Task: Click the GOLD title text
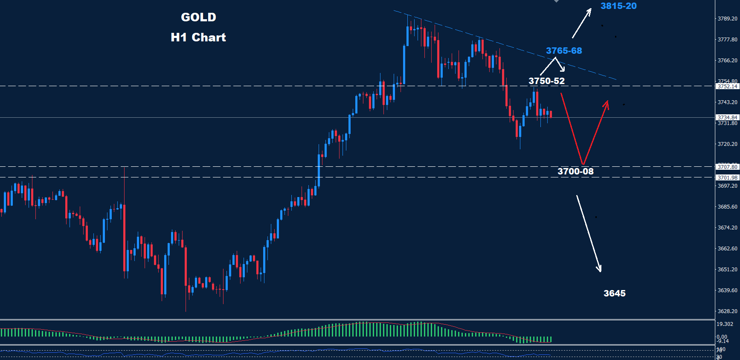(x=198, y=17)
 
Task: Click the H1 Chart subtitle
(x=198, y=37)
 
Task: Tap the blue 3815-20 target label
(x=618, y=6)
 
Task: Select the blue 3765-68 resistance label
(x=564, y=51)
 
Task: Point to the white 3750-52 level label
(x=546, y=81)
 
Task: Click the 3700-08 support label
(x=575, y=171)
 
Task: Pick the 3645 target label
(x=614, y=293)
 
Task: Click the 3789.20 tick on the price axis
(x=727, y=19)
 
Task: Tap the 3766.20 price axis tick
(x=727, y=61)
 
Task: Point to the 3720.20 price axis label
(x=727, y=144)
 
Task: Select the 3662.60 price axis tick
(x=727, y=249)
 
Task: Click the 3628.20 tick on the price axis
(x=727, y=311)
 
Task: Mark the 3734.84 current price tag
(x=727, y=117)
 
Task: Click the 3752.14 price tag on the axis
(x=727, y=86)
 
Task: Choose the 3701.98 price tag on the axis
(x=727, y=177)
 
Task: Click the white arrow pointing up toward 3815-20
(x=582, y=23)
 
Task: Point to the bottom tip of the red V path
(x=583, y=164)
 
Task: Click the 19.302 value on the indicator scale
(x=725, y=324)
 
